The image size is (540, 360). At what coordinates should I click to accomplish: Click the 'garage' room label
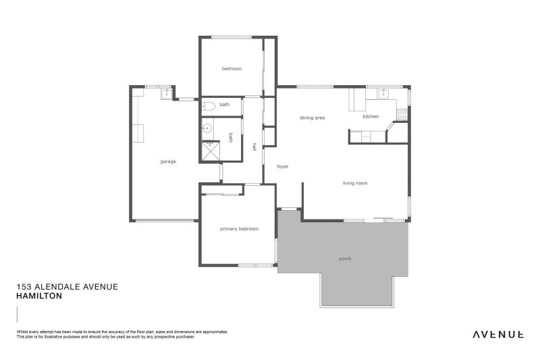tap(168, 161)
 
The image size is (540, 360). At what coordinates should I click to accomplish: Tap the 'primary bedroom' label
tap(239, 229)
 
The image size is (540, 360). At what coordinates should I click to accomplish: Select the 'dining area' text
tap(313, 118)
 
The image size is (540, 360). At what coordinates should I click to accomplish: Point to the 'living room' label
tap(355, 183)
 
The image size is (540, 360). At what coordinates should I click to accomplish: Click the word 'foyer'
tap(283, 165)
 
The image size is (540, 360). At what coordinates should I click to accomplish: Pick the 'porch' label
tap(344, 259)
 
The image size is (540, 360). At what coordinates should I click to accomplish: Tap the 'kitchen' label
tap(371, 116)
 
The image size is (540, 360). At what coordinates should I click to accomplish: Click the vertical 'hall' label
tap(254, 147)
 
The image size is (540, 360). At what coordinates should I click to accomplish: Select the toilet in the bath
tap(208, 105)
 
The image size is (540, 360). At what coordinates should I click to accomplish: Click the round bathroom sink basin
tap(208, 127)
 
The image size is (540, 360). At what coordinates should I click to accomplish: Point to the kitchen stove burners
tap(401, 113)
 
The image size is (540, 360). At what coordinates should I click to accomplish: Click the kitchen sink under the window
tap(382, 93)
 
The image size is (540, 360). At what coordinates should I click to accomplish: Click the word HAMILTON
tap(38, 296)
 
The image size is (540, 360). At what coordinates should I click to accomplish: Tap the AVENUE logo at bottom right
tap(497, 334)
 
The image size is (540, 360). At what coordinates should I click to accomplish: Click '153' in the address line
tap(23, 286)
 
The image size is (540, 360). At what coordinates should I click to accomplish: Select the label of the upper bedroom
tap(232, 69)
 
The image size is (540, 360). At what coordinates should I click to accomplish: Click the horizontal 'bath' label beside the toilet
tap(224, 105)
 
